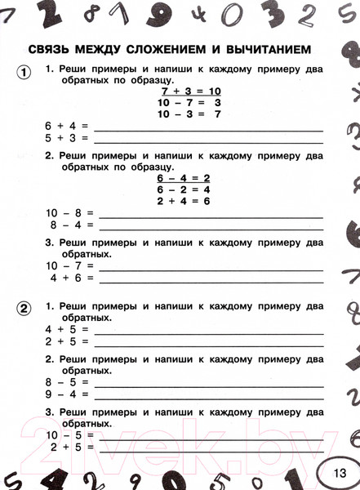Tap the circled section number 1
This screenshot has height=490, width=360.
(24, 72)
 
